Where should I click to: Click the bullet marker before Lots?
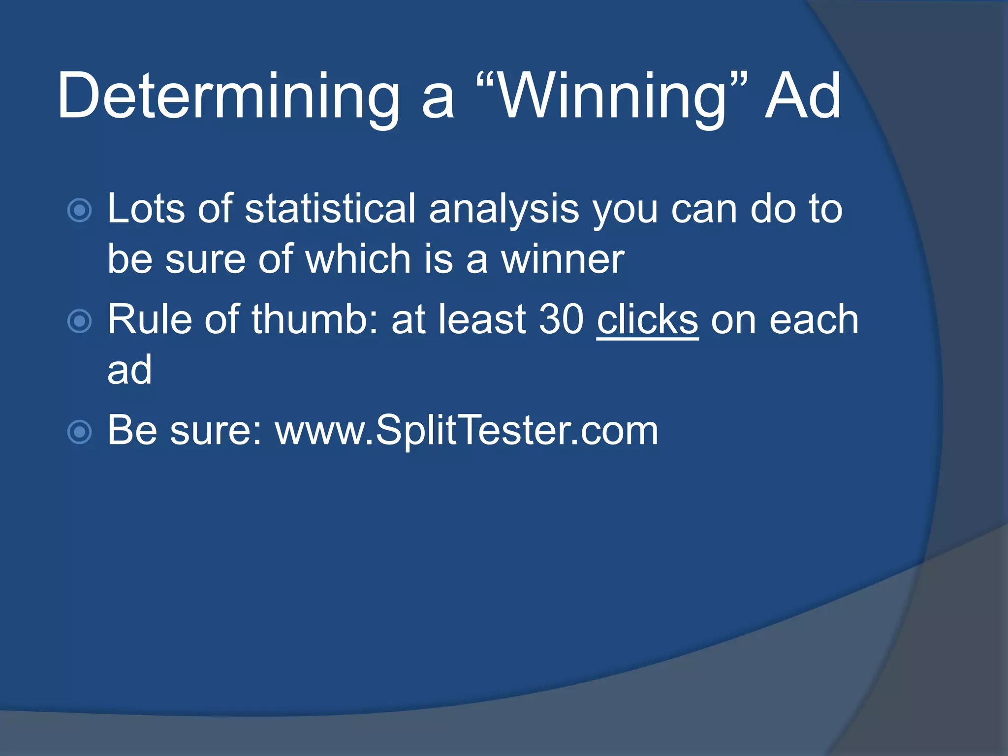(79, 211)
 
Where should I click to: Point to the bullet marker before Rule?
(79, 321)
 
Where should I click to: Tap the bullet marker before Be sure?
(79, 432)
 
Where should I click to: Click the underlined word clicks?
(647, 320)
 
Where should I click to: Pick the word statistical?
(330, 209)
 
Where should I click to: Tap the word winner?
(563, 259)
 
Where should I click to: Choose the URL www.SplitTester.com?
(467, 431)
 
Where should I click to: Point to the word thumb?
(315, 320)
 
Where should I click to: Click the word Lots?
(146, 209)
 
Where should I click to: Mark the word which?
(358, 259)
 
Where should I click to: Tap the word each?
(814, 320)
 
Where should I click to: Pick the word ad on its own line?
(129, 370)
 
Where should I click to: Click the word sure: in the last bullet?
(216, 431)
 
